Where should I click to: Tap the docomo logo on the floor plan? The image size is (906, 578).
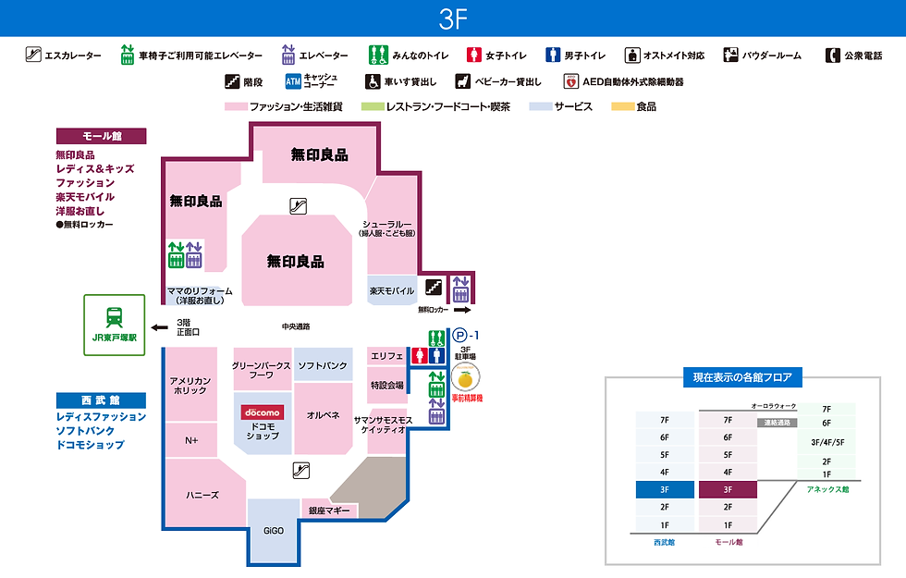click(262, 412)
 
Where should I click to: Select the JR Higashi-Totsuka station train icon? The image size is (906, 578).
click(115, 316)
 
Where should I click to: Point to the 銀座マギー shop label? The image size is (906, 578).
click(328, 510)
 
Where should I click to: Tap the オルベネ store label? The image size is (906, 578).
click(324, 414)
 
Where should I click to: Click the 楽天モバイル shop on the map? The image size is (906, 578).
click(391, 290)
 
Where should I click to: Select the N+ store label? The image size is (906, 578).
click(191, 440)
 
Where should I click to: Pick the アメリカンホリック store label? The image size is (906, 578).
click(190, 386)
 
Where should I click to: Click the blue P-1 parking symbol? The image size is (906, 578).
click(459, 335)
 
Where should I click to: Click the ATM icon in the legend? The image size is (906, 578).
click(292, 81)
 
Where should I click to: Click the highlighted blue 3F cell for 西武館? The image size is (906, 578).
click(664, 489)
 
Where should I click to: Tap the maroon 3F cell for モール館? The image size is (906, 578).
click(728, 489)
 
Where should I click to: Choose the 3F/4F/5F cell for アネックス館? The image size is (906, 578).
click(826, 442)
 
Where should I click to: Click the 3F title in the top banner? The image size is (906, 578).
click(453, 18)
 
